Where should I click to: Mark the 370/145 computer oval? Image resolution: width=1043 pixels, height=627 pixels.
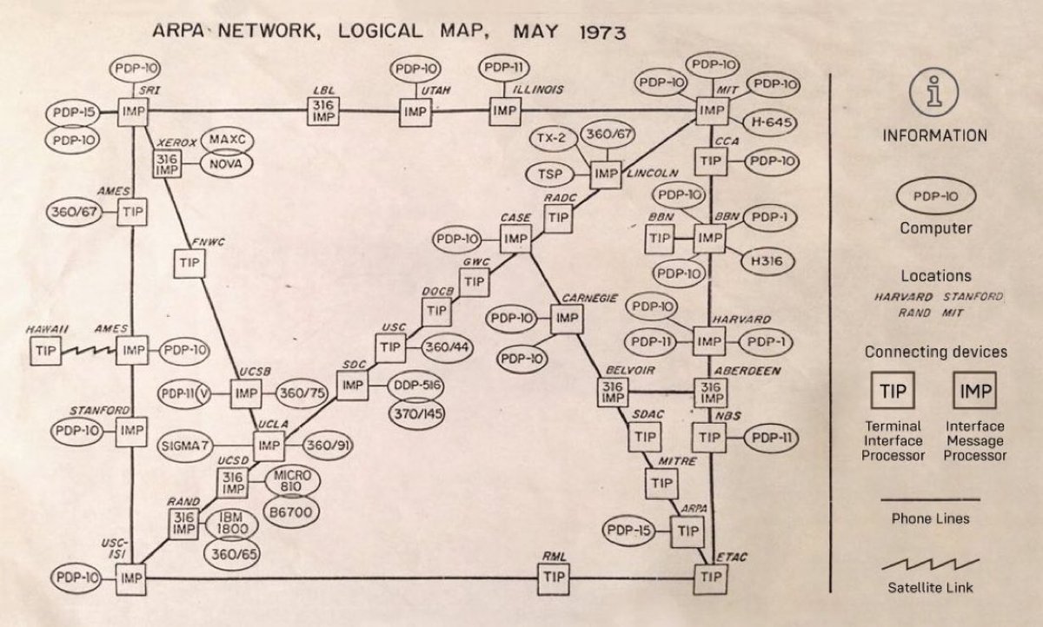pos(414,412)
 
